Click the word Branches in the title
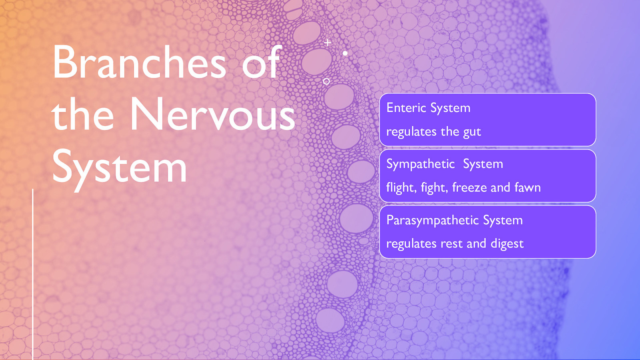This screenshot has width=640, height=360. (139, 62)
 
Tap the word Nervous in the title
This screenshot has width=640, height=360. (212, 115)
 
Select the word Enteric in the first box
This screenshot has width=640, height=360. (406, 108)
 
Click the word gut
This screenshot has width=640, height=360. (472, 132)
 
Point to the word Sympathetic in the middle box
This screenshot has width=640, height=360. (420, 164)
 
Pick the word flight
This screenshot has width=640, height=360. (401, 188)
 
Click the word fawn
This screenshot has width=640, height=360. (528, 187)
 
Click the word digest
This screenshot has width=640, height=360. (507, 244)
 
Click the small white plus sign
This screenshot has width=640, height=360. (328, 42)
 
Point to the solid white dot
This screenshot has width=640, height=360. (345, 53)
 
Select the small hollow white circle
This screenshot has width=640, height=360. (326, 81)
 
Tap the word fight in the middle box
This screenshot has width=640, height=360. (434, 188)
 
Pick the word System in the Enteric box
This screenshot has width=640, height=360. (450, 108)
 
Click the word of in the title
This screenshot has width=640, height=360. (262, 62)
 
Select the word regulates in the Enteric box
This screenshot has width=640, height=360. (411, 132)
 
